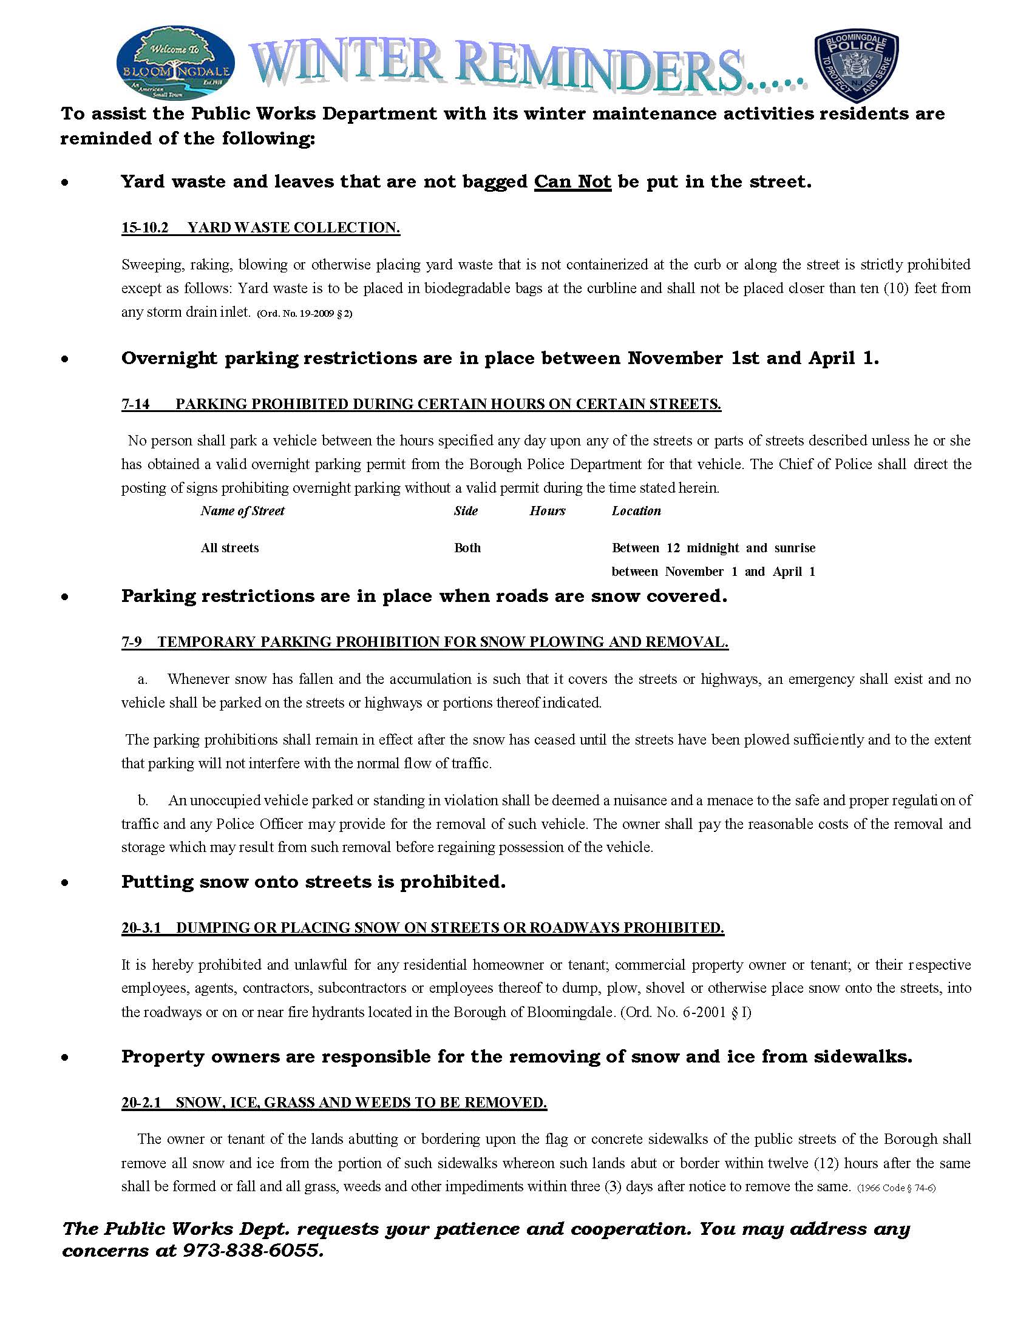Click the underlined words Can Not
tap(572, 182)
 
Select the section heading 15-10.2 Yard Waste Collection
tap(260, 228)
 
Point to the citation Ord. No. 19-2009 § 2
tap(305, 314)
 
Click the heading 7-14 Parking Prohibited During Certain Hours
tap(421, 404)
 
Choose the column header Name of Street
tap(242, 511)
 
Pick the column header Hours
tap(547, 511)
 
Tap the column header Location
tap(636, 511)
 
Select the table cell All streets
tap(229, 548)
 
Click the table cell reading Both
tap(467, 548)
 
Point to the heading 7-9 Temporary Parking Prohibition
tap(424, 642)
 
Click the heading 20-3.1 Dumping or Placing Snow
tap(423, 928)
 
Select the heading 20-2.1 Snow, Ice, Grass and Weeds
tap(334, 1103)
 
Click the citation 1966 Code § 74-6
tap(896, 1188)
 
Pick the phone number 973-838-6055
tap(252, 1251)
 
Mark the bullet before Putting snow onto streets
tap(65, 883)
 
